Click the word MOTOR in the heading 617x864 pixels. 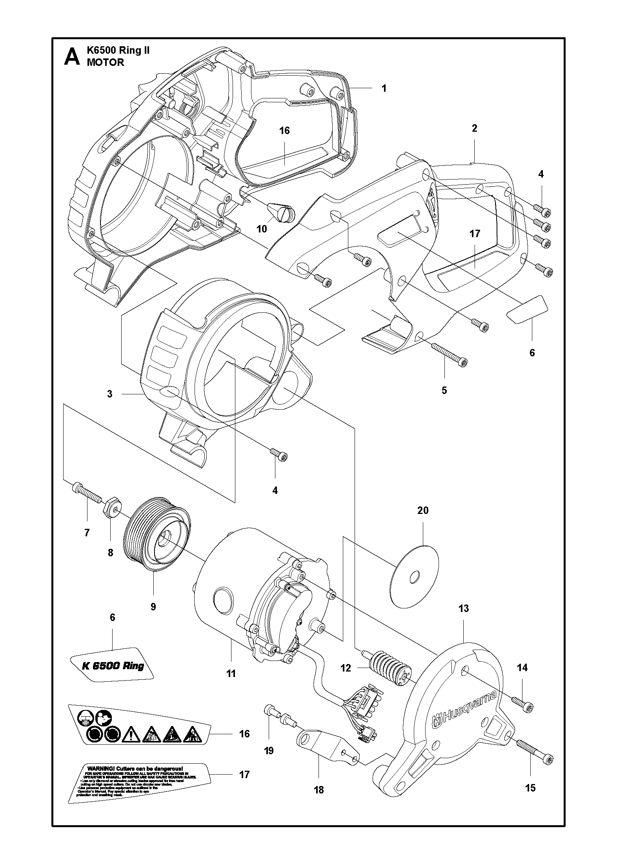coord(105,62)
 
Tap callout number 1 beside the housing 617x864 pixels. coord(384,88)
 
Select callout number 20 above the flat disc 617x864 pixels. coord(423,510)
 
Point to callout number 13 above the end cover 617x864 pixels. coord(464,608)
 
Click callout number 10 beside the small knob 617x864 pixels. coord(262,229)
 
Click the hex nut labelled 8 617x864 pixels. coord(112,509)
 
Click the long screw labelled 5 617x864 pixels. coord(448,354)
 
